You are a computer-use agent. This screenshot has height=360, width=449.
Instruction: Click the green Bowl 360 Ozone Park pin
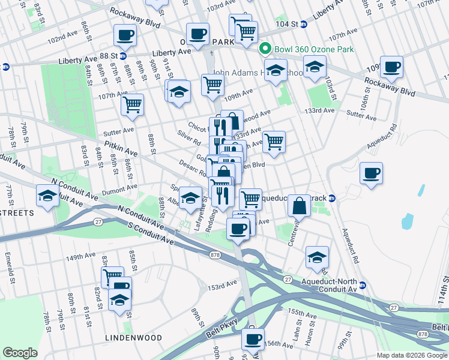point(263,49)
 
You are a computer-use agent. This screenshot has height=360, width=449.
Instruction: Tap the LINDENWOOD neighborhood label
point(134,338)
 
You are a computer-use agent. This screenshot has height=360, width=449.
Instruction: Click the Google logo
point(20,353)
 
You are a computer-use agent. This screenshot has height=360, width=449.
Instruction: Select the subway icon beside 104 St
point(304,25)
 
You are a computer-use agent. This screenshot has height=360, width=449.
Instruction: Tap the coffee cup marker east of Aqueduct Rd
point(371,174)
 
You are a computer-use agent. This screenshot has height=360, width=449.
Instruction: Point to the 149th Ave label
point(80,256)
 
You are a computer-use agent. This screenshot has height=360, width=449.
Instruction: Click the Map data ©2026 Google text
point(412,355)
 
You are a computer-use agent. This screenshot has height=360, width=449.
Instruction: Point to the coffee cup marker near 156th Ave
point(253,339)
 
